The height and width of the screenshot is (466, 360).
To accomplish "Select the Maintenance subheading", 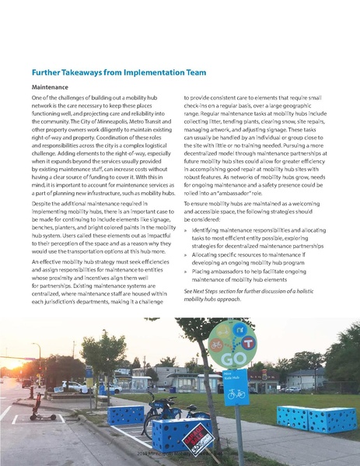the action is click(51, 88).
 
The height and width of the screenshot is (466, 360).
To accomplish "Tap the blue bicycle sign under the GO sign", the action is click(235, 387).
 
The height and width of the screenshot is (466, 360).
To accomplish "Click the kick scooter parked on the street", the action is click(36, 409).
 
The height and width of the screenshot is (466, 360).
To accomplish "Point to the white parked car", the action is click(74, 387).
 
